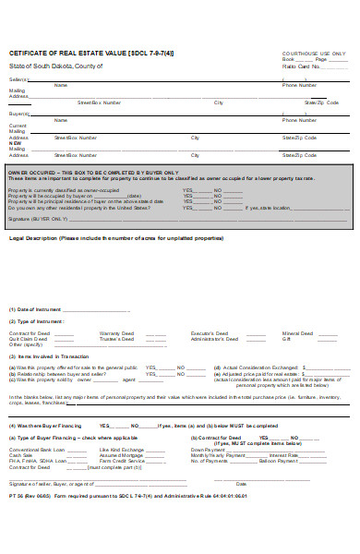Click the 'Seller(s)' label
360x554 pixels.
19,80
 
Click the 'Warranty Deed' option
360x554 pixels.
116,331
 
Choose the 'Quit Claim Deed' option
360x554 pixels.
29,337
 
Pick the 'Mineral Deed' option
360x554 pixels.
298,331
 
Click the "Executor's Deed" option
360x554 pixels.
210,331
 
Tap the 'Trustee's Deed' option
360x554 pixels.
115,337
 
